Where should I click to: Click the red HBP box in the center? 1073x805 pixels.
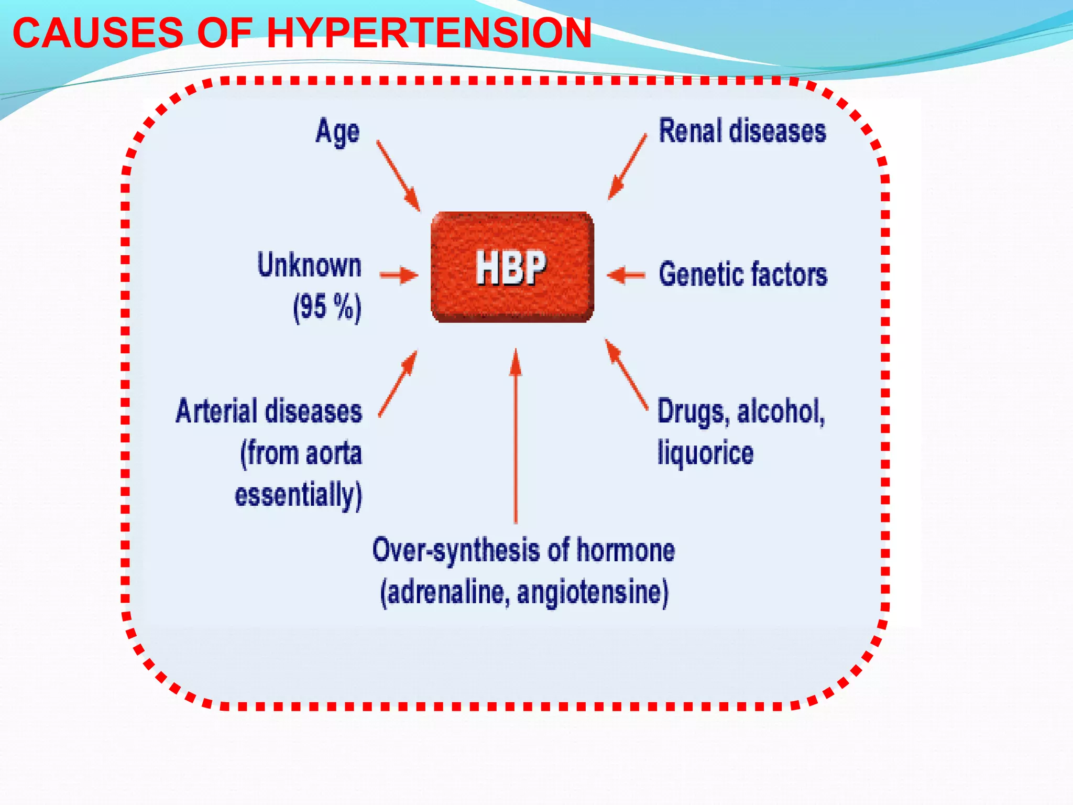pyautogui.click(x=512, y=267)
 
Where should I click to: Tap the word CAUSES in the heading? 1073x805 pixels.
pyautogui.click(x=97, y=34)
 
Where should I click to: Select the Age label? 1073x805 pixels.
pyautogui.click(x=337, y=132)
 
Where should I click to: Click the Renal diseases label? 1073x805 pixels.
pyautogui.click(x=742, y=131)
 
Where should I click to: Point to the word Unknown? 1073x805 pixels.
pyautogui.click(x=309, y=265)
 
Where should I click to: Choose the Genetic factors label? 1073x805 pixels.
pyautogui.click(x=743, y=275)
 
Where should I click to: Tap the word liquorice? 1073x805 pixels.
pyautogui.click(x=705, y=453)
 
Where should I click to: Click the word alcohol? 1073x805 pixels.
pyautogui.click(x=781, y=411)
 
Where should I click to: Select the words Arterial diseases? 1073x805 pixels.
pyautogui.click(x=269, y=411)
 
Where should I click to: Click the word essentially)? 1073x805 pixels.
pyautogui.click(x=298, y=495)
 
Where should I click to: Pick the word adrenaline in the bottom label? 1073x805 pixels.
pyautogui.click(x=445, y=593)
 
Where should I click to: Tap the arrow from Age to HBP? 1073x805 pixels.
pyautogui.click(x=398, y=176)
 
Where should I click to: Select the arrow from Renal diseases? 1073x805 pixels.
pyautogui.click(x=627, y=167)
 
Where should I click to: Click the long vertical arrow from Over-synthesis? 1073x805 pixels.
pyautogui.click(x=516, y=435)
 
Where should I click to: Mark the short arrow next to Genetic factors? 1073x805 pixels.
pyautogui.click(x=626, y=275)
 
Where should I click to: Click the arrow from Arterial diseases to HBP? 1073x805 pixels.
pyautogui.click(x=398, y=384)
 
